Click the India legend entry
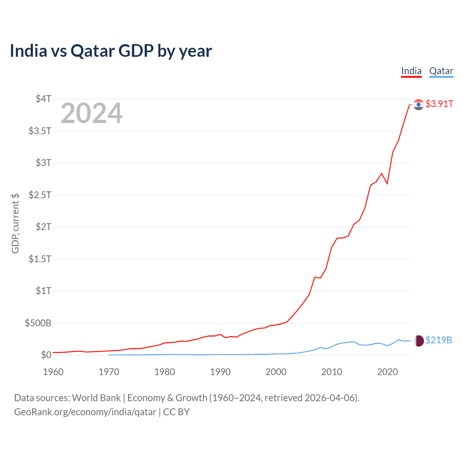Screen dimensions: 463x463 (x=411, y=71)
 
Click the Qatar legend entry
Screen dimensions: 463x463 (x=441, y=71)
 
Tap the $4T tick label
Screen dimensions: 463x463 (x=43, y=99)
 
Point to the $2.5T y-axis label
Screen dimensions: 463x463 (x=40, y=195)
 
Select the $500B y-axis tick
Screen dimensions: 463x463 (x=38, y=323)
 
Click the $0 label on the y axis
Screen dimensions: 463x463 (x=46, y=355)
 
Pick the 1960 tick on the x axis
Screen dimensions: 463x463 (x=53, y=372)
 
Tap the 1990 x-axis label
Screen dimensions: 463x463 (x=220, y=372)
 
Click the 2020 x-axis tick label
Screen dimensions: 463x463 (x=387, y=372)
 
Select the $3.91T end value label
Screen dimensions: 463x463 (x=439, y=104)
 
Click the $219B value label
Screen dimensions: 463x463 (x=439, y=340)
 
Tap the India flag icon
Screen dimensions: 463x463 (x=419, y=105)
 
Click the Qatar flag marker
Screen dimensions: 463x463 (x=419, y=341)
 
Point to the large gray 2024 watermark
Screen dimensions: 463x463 (x=92, y=114)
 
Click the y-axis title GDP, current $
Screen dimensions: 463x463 (x=15, y=223)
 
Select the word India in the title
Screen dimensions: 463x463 (x=29, y=51)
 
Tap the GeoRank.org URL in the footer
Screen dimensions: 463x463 (x=85, y=412)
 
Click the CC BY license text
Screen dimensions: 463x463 (x=176, y=412)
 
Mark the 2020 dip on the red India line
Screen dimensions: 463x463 (x=387, y=184)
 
